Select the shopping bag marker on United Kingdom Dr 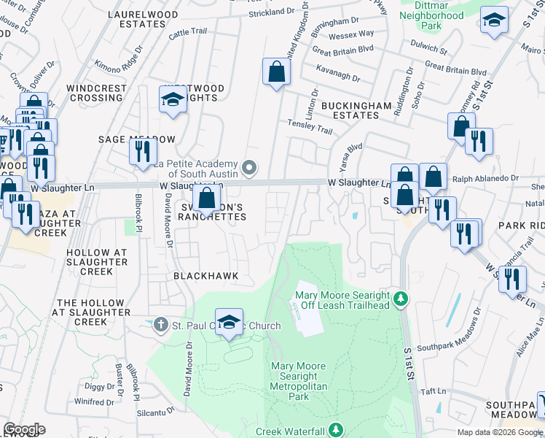277,72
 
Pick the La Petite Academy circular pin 249,169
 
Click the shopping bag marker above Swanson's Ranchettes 207,197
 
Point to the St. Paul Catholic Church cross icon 161,323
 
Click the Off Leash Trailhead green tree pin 399,299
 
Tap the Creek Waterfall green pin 336,431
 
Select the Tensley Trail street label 310,126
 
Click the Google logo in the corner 24,429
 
